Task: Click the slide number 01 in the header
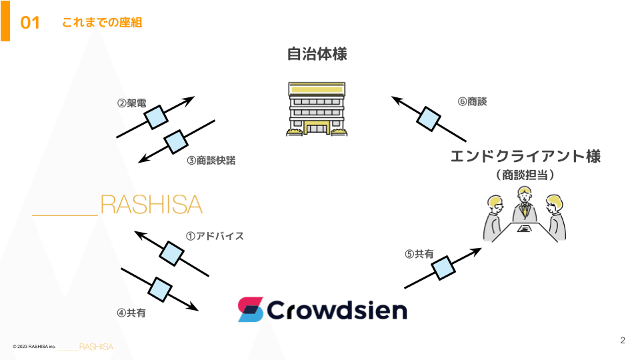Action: (30, 23)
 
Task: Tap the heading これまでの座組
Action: (102, 23)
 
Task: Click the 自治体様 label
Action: (317, 54)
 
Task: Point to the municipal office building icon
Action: (317, 109)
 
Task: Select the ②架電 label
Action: (131, 103)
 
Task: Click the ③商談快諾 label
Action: (211, 161)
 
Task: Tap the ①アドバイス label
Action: (215, 236)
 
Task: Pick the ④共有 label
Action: (131, 313)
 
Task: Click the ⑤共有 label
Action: (419, 254)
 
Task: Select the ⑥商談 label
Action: (472, 101)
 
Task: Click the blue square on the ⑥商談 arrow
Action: (429, 119)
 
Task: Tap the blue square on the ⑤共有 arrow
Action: (443, 268)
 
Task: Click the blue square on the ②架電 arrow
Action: (156, 117)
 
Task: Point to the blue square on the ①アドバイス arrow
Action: (171, 253)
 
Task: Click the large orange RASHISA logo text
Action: (151, 205)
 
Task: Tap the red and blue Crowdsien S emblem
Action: (250, 310)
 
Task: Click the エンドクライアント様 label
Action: (525, 156)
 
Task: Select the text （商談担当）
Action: (525, 175)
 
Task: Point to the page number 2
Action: (623, 341)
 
